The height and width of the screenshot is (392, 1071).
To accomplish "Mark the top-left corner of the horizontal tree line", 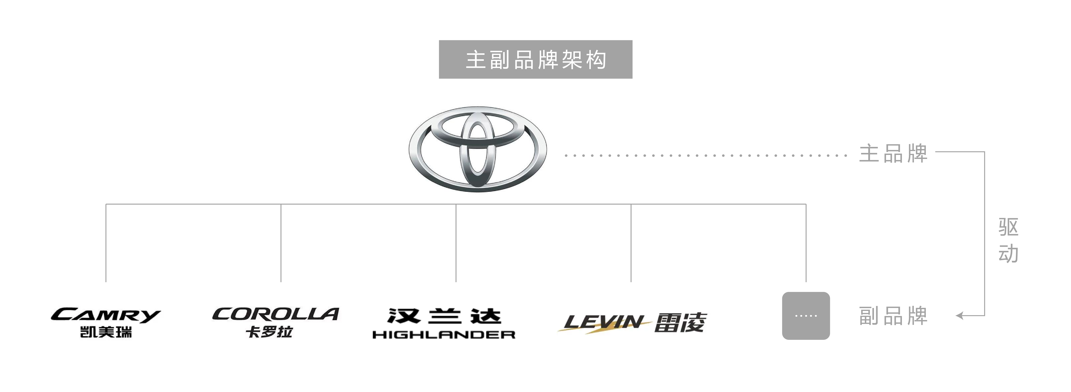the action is pos(106,204).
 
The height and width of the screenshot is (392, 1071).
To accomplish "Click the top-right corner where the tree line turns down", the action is pos(806,204).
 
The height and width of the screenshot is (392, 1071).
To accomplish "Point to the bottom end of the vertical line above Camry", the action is pos(106,282).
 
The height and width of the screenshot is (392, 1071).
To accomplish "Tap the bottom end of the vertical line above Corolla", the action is pos(281,282).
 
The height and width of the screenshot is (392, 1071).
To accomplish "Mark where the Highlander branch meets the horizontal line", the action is pos(456,204).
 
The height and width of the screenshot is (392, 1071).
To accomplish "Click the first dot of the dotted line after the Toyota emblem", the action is pos(566,155).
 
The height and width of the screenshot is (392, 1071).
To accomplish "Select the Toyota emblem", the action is pos(478,149).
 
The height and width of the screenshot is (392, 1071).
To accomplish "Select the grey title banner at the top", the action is pos(535,59).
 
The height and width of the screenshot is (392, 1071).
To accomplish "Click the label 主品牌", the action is pos(893,153).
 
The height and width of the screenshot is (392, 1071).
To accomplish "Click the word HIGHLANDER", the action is pos(444,335).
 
